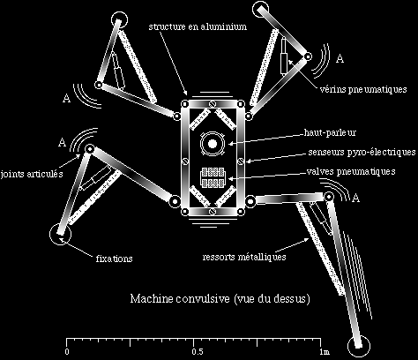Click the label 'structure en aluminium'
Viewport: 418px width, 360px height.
tap(198, 26)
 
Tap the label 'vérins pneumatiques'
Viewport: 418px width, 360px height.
tap(363, 89)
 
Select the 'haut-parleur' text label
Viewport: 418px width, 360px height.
tap(330, 132)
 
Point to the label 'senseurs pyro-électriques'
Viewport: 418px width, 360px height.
tap(362, 152)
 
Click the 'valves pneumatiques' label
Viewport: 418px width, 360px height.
tap(351, 171)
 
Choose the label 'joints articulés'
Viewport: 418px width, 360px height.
tap(32, 174)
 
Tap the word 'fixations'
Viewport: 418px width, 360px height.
tap(114, 259)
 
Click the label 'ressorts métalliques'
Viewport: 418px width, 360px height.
tap(244, 257)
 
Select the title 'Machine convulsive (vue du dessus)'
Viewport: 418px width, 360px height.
tap(220, 299)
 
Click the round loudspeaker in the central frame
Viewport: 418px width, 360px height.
tap(213, 144)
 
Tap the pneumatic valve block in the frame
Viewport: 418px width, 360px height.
tap(213, 178)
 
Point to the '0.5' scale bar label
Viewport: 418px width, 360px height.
tap(198, 352)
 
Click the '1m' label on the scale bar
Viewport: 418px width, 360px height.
tap(325, 352)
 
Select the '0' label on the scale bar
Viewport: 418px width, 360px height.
tap(67, 352)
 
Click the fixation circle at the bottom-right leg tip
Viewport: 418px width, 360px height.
tap(358, 346)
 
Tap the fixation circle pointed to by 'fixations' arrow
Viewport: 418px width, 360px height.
tap(60, 235)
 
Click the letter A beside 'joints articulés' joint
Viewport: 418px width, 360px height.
tap(62, 142)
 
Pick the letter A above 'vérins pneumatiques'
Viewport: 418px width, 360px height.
tap(340, 58)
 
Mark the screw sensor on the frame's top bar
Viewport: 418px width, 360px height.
tap(213, 104)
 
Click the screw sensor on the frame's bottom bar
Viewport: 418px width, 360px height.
tap(213, 211)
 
